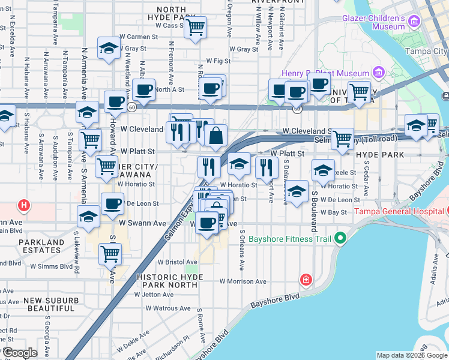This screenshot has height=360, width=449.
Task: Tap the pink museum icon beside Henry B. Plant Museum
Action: click(x=378, y=73)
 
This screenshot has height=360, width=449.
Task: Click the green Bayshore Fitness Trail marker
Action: click(x=340, y=239)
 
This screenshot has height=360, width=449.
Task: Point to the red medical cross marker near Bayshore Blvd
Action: click(x=306, y=280)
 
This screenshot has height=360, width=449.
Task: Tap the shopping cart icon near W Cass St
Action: click(x=195, y=26)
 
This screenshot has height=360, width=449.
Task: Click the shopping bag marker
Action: click(x=216, y=136)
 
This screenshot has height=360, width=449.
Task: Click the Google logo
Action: click(x=20, y=352)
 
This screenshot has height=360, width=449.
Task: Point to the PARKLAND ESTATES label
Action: click(x=41, y=247)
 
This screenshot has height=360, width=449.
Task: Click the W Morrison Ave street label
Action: click(x=243, y=281)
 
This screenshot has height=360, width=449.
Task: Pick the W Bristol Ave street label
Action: click(x=177, y=262)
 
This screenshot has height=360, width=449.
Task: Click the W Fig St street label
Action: click(x=218, y=61)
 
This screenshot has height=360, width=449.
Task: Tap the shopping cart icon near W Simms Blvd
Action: click(x=110, y=253)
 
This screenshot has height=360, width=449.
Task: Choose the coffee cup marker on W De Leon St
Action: click(x=112, y=203)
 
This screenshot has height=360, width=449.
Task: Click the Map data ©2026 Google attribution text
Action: click(x=412, y=355)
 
